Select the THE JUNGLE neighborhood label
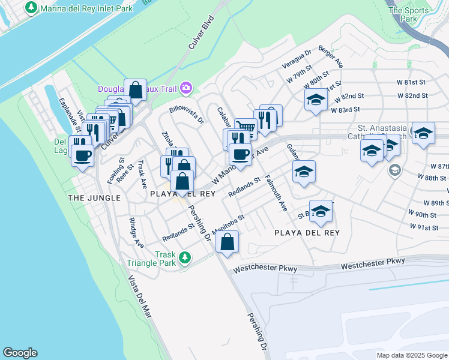94,197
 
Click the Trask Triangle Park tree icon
185,257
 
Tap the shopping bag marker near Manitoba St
228,242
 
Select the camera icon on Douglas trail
186,89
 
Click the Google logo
20,353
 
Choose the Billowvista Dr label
187,113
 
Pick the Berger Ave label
331,56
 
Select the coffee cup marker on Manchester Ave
240,155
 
